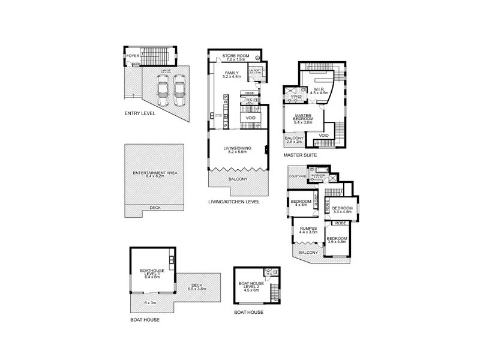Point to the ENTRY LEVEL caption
click(139, 113)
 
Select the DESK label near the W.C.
click(250, 93)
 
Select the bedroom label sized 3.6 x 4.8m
click(337, 241)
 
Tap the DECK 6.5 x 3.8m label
click(199, 287)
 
